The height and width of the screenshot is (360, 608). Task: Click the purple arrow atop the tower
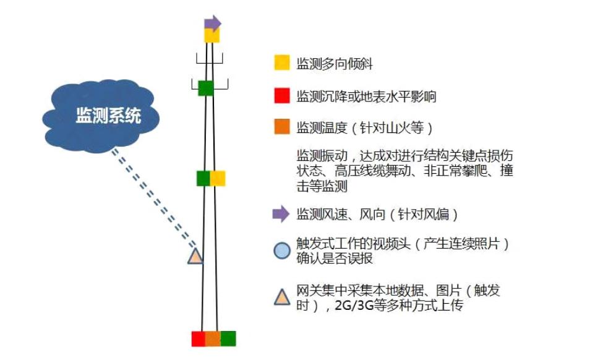[213, 23]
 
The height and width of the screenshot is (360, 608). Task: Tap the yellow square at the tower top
[212, 35]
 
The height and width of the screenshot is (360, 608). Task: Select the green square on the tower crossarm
[206, 88]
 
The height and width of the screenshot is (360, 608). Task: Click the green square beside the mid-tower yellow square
[203, 178]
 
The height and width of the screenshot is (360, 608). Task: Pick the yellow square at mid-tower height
[218, 178]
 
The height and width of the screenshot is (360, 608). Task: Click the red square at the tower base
[199, 339]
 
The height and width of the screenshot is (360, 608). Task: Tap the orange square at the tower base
[213, 339]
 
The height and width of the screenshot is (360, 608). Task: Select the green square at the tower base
[228, 339]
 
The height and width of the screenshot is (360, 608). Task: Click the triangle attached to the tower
[195, 257]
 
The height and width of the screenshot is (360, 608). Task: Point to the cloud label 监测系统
[108, 116]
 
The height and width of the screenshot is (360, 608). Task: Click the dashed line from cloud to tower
[154, 198]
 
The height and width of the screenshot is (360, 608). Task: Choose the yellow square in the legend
[282, 62]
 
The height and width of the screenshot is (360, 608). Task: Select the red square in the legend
[282, 96]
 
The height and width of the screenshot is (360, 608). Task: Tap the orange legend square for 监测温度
[282, 127]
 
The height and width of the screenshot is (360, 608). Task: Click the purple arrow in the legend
[281, 214]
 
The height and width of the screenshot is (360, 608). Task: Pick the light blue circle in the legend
[282, 251]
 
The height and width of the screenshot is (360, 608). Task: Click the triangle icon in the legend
[282, 298]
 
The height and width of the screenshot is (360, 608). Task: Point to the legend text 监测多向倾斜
[334, 63]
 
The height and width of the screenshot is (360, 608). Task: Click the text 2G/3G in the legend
[354, 306]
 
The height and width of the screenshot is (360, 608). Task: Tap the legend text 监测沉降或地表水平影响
[366, 96]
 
